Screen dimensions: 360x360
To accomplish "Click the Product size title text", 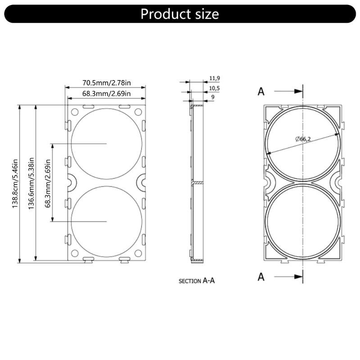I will click(180, 14).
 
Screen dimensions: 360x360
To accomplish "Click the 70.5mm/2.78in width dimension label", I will click(106, 83).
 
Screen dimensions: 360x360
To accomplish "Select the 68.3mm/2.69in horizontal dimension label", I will click(106, 94).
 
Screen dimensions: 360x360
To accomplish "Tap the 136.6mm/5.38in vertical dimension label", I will click(31, 184).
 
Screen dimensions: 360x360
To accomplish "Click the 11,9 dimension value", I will click(214, 78).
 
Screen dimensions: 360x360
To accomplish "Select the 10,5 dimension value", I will click(214, 88).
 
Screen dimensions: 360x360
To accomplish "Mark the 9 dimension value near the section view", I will click(212, 97).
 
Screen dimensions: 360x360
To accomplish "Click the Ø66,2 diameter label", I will click(303, 139).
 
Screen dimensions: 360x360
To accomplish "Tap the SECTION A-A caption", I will click(197, 280).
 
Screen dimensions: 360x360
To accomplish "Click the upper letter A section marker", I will click(261, 91).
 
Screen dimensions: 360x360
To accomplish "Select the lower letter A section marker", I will click(261, 277).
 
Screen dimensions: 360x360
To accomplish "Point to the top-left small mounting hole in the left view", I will click(75, 111).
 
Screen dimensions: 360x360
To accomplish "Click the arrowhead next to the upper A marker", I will click(298, 91).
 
